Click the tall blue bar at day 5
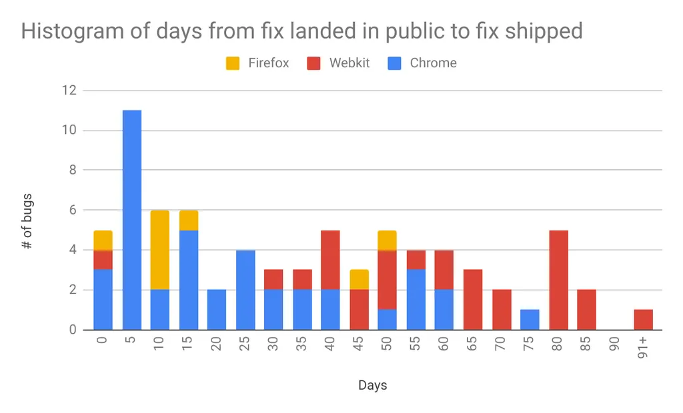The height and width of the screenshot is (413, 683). (x=132, y=220)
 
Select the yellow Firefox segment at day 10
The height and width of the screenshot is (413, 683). (x=160, y=250)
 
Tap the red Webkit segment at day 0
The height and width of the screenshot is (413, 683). (x=103, y=260)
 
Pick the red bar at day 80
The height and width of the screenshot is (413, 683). (x=559, y=280)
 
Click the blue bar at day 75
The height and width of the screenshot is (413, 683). (x=530, y=320)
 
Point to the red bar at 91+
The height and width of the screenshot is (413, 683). (x=644, y=320)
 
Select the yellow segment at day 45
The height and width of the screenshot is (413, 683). (x=360, y=279)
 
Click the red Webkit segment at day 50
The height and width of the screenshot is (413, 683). (x=388, y=280)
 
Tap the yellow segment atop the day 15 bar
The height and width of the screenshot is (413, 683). (x=189, y=220)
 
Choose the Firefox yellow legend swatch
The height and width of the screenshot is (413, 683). (x=233, y=63)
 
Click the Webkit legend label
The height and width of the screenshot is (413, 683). (x=350, y=63)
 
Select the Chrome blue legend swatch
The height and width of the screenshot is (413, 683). (x=394, y=63)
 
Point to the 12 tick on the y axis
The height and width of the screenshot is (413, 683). (x=69, y=90)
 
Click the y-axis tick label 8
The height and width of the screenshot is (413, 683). (x=73, y=170)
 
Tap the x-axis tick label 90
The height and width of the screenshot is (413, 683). (x=614, y=344)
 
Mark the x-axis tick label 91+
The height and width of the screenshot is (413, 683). (x=643, y=347)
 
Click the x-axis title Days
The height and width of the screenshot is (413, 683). (x=372, y=385)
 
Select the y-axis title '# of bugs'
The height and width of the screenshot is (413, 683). (x=27, y=221)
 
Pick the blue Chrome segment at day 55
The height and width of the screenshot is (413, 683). (x=416, y=299)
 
